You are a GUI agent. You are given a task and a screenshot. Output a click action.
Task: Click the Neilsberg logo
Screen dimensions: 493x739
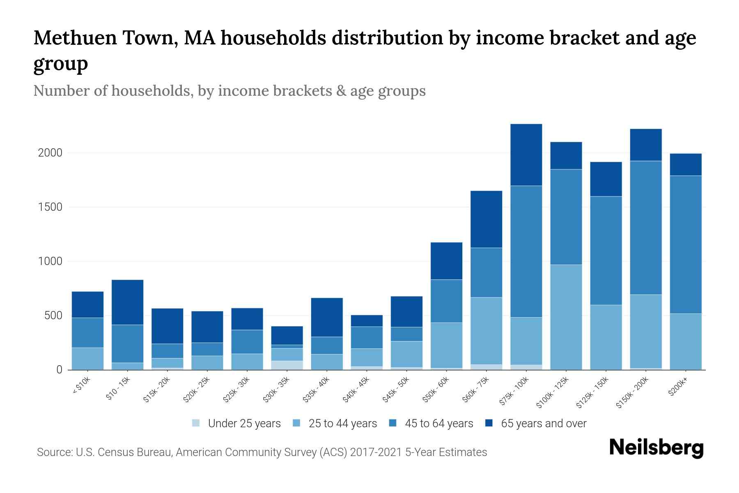tap(656, 448)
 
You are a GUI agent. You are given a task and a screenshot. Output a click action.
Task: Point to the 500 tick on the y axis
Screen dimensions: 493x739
tap(53, 316)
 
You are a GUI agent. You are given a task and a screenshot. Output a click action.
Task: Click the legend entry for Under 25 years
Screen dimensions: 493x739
tap(237, 423)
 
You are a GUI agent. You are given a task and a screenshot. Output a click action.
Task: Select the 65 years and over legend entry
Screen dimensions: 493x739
tap(536, 423)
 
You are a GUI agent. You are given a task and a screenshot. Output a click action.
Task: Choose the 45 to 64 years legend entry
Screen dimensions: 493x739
tap(431, 423)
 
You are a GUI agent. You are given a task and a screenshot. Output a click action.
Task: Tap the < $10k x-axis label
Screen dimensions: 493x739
tap(81, 386)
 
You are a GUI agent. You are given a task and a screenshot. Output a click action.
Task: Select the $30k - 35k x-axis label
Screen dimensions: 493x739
tap(276, 390)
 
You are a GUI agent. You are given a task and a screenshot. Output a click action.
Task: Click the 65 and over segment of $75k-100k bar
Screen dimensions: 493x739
tap(526, 155)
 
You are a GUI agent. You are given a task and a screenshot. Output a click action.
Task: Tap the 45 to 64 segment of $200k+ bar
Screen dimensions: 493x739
tap(686, 245)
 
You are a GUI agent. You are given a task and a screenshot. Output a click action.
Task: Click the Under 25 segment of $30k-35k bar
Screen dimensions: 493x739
tap(287, 365)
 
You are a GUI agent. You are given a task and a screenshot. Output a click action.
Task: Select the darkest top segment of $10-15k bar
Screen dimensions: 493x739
tap(128, 302)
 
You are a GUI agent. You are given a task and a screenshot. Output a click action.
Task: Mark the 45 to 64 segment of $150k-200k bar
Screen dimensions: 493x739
tap(646, 228)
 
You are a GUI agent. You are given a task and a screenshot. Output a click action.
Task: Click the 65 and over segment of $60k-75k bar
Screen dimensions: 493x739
tap(487, 219)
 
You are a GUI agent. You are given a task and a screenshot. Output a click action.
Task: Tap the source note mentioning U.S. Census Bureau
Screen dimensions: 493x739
tap(262, 452)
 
